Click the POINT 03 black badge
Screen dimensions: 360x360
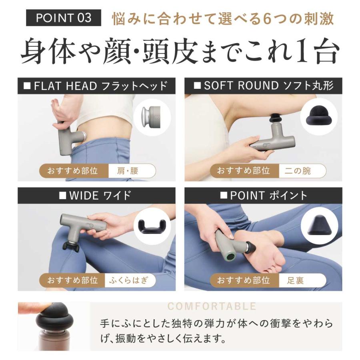tap(64, 18)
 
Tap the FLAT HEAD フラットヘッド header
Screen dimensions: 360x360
tap(96, 86)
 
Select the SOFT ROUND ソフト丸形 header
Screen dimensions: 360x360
tap(263, 86)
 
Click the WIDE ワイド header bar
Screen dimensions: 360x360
tap(96, 196)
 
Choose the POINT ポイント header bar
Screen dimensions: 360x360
tap(263, 196)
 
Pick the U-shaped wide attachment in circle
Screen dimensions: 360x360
tap(152, 227)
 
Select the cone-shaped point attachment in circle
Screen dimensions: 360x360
tap(319, 227)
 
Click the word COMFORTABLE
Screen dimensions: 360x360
tap(212, 306)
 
